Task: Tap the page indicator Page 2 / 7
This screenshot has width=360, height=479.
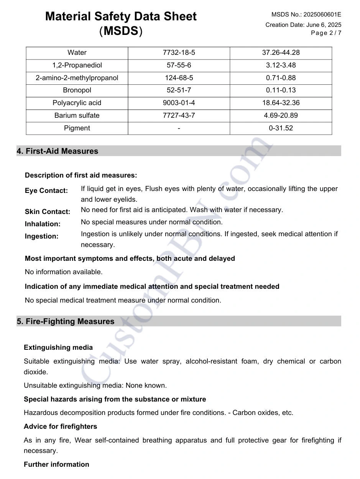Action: click(x=326, y=33)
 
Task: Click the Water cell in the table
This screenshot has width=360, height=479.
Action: click(x=77, y=53)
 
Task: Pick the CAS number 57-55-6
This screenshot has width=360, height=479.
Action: click(x=179, y=65)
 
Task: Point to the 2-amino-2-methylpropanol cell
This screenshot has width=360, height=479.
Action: click(x=77, y=78)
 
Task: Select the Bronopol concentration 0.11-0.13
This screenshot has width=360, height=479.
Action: click(x=281, y=90)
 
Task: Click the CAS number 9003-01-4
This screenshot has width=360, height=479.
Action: click(x=179, y=103)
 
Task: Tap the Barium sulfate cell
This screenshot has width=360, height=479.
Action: click(x=77, y=115)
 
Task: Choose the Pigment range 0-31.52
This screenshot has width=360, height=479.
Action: click(x=281, y=128)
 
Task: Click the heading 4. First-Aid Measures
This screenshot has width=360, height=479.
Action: click(x=58, y=151)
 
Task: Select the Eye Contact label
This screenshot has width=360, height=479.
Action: click(x=46, y=191)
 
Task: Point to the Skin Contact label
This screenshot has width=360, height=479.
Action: click(x=48, y=212)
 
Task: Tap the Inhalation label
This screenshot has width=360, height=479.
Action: click(x=43, y=224)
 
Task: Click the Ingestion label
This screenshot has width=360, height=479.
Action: click(x=42, y=236)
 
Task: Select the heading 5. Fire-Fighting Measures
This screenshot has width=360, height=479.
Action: click(x=66, y=321)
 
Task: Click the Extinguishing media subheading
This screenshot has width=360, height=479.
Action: click(x=58, y=347)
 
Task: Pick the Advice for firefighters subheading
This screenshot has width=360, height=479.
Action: click(x=60, y=426)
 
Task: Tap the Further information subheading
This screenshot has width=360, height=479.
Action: click(x=56, y=464)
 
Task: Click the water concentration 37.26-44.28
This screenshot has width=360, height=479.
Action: click(x=281, y=53)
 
